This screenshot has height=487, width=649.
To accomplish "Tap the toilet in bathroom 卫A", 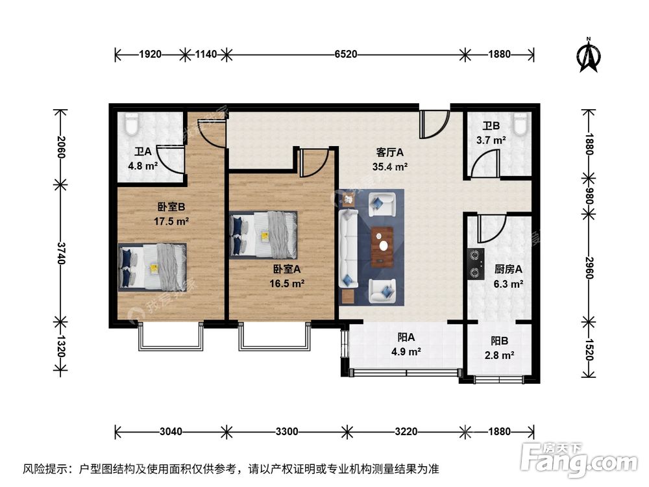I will tap(132, 121).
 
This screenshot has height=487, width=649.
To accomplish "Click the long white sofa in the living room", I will tap(347, 248).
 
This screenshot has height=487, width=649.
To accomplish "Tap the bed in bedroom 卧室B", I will tap(153, 266).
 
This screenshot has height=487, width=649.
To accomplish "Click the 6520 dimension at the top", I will tap(346, 55).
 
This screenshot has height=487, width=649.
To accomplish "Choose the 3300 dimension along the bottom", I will tap(286, 431).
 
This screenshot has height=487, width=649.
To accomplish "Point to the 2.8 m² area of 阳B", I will tap(499, 355).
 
